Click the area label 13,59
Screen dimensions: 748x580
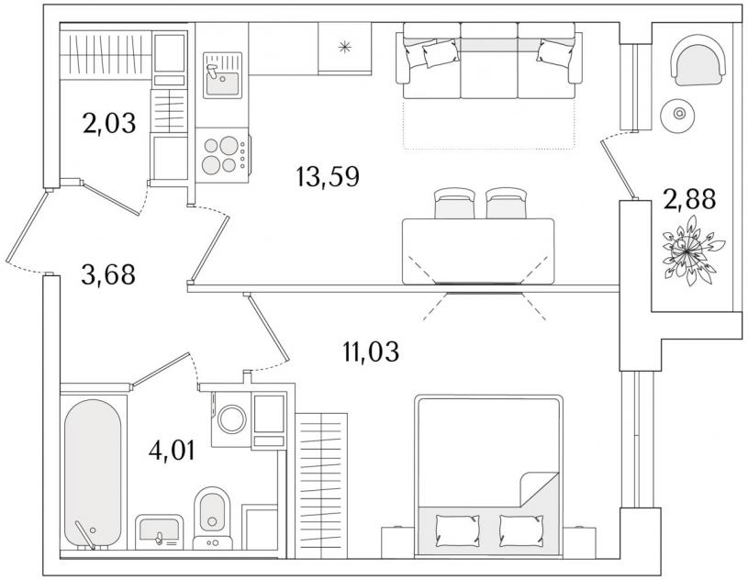[328, 176]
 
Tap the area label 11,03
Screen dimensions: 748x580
[371, 352]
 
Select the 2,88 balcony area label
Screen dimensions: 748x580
[689, 199]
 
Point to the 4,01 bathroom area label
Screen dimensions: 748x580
[172, 451]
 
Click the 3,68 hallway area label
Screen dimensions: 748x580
[108, 274]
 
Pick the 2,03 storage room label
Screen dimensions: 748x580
[109, 123]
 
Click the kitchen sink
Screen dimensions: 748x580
[222, 75]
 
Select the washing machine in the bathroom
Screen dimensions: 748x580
[231, 419]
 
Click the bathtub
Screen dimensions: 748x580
[93, 474]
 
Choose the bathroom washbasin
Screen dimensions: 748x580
[159, 532]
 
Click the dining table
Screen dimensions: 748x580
[478, 251]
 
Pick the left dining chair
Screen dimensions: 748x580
[454, 203]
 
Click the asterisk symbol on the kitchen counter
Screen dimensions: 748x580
[344, 47]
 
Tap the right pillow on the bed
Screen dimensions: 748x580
[521, 530]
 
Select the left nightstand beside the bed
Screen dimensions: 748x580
[397, 541]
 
